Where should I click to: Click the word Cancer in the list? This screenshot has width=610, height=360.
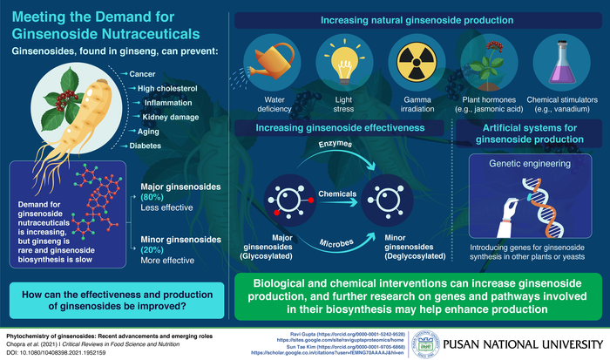(x=142, y=74)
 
